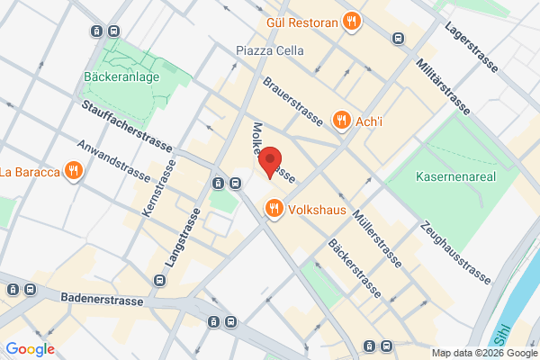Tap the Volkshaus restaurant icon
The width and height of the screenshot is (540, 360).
pyautogui.click(x=274, y=210)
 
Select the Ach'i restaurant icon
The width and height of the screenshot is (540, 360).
pyautogui.click(x=341, y=120)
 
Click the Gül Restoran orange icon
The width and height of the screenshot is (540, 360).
pyautogui.click(x=352, y=21)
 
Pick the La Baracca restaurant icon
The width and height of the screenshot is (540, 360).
pyautogui.click(x=74, y=171)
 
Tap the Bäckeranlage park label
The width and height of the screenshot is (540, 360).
pyautogui.click(x=122, y=77)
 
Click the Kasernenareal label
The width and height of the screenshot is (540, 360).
pyautogui.click(x=456, y=177)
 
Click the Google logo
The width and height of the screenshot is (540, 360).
pyautogui.click(x=30, y=349)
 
